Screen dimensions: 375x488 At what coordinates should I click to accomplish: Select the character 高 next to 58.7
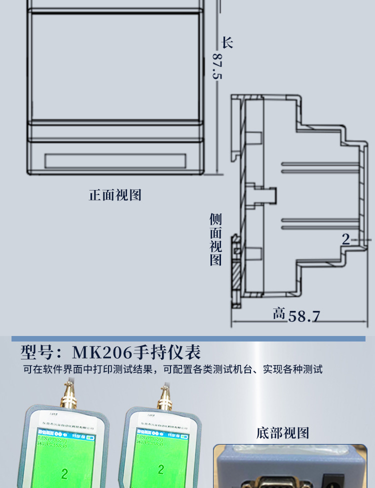[x=279, y=314]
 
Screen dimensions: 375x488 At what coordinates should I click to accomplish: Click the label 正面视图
[x=115, y=195]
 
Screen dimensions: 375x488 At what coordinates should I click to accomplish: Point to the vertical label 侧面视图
[x=215, y=239]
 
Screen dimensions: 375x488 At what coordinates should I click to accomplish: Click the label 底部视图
[x=282, y=432]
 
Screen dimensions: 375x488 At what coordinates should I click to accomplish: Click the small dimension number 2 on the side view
[x=346, y=239]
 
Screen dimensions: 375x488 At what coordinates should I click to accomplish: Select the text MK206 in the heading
[x=101, y=352]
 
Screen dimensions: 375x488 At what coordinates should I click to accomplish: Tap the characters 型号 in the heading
[x=37, y=352]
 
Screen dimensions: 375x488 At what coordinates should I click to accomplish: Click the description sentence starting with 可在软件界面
[x=172, y=369]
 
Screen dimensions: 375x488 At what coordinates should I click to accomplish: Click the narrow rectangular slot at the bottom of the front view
[x=115, y=161]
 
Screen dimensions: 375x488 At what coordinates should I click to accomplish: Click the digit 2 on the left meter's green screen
[x=64, y=473]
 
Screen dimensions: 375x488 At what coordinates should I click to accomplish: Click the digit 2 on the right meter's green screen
[x=160, y=469]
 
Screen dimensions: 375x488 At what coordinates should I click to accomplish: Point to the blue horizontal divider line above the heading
[x=188, y=338]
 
